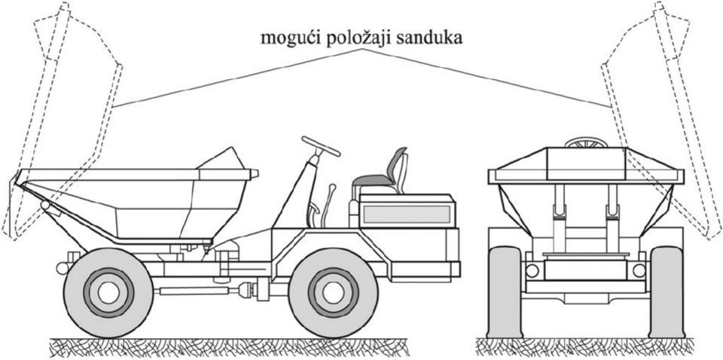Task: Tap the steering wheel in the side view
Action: (321, 146)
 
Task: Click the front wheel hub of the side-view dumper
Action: (108, 292)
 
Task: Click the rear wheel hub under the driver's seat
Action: (333, 292)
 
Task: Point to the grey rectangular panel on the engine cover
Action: (406, 215)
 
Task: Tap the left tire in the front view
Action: (505, 291)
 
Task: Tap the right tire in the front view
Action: (667, 291)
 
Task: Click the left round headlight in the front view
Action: (532, 270)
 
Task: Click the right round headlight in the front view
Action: (639, 270)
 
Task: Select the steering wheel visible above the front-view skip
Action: (586, 142)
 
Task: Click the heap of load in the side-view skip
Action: (221, 158)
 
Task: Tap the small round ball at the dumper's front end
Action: (62, 268)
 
